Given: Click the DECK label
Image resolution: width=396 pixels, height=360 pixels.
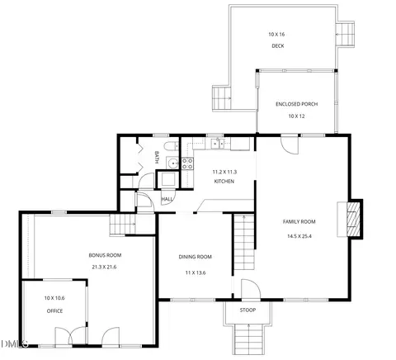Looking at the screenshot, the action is pos(278,46).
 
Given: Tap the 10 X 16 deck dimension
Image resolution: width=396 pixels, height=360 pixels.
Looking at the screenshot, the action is pos(276,35).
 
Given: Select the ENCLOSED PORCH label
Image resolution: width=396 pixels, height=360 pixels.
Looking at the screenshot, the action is pos(297,104).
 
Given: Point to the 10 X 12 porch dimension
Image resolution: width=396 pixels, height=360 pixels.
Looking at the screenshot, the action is pos(296,116).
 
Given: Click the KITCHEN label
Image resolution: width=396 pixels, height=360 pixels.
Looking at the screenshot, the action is pos(224,182).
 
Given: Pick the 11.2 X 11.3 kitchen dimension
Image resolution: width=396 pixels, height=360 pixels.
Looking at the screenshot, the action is pos(224,172).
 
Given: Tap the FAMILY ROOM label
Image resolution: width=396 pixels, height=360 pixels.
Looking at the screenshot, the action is pos(299,222).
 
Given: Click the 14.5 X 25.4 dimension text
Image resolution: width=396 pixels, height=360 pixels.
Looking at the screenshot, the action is pos(299,236).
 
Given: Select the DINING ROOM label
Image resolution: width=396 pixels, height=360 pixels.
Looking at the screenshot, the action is pos(196,257).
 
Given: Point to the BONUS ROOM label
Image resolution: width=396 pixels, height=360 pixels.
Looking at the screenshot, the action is pos(105,255).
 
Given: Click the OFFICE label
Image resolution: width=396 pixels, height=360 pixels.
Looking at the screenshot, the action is pos(54,311).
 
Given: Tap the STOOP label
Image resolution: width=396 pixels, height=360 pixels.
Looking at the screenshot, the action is pos(247,310).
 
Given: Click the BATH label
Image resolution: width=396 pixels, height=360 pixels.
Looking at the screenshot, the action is pos(157,157).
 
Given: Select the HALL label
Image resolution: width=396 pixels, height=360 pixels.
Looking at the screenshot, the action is pos(167,199).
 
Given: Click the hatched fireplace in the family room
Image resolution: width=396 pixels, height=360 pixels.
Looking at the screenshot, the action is pos(353,220).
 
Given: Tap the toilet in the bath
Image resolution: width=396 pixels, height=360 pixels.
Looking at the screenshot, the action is pos(171,146).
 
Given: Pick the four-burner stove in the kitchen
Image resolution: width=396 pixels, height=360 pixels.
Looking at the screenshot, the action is pos(187,163).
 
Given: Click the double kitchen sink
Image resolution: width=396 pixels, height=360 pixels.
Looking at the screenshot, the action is pos(218,144).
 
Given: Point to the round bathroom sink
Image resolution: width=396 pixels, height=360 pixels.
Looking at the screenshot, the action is pos(173,163).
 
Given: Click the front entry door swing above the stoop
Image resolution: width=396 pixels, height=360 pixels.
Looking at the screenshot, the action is pos(251,289).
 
